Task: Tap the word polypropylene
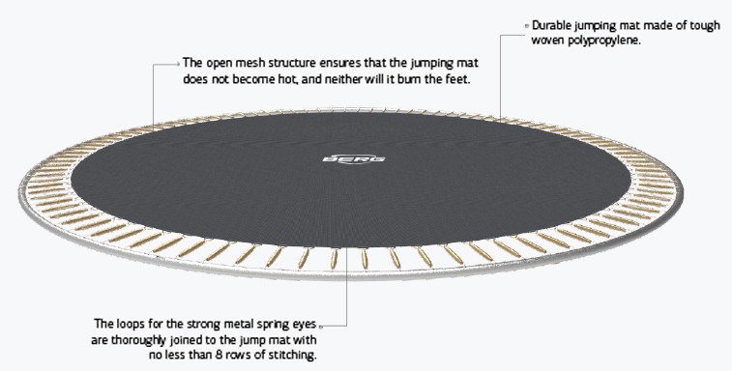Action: coord(600,41)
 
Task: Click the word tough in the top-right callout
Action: coord(697,25)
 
